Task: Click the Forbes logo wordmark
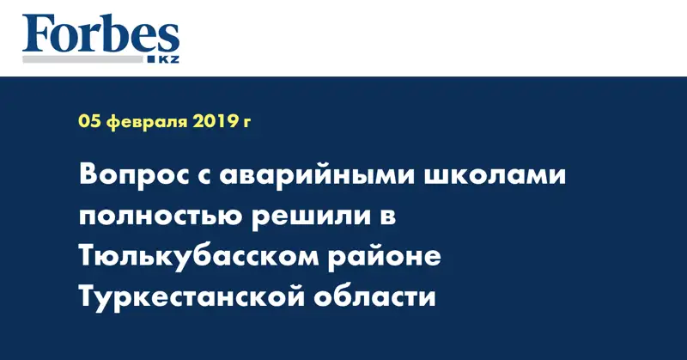(x=100, y=34)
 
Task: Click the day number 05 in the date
(x=88, y=122)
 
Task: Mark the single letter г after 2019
(x=247, y=123)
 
